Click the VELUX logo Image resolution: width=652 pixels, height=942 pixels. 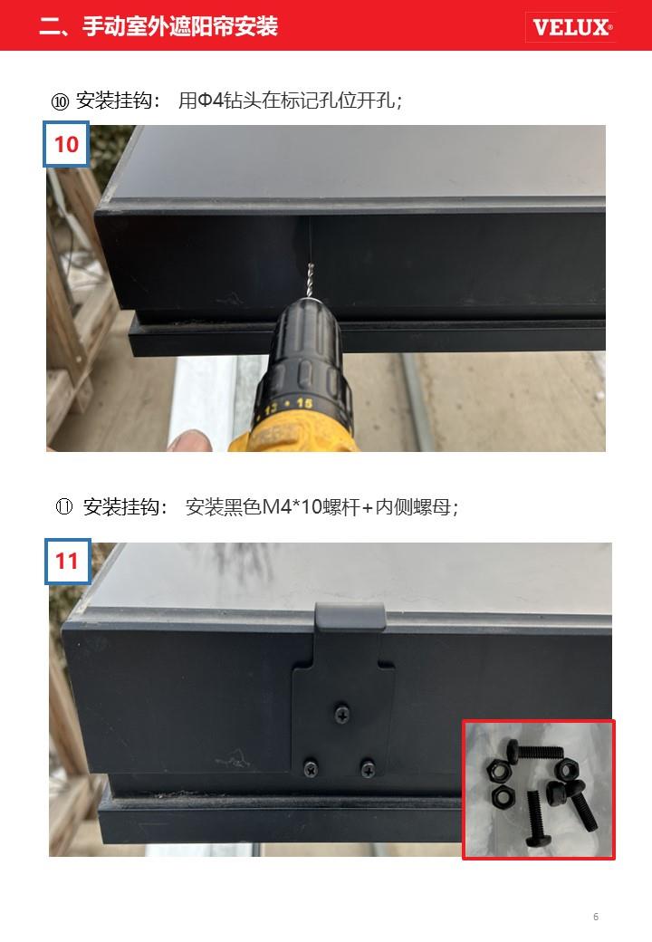[570, 27]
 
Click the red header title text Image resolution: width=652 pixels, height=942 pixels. [158, 26]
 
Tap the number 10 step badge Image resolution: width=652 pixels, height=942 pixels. [66, 144]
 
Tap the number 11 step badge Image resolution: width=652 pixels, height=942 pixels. [67, 562]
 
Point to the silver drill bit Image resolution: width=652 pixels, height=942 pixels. [311, 281]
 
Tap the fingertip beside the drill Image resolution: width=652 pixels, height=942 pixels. [189, 441]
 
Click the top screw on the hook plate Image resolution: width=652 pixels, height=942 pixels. [341, 714]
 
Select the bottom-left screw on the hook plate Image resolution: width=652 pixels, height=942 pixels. [311, 768]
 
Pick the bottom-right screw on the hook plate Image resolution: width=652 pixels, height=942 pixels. [367, 768]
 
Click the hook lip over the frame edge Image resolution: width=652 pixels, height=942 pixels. [350, 617]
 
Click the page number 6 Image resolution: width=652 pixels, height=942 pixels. [596, 916]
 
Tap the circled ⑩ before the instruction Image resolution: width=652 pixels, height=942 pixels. [60, 101]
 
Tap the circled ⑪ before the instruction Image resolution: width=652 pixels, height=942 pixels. [63, 507]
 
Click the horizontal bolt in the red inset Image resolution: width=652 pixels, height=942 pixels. [535, 750]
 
